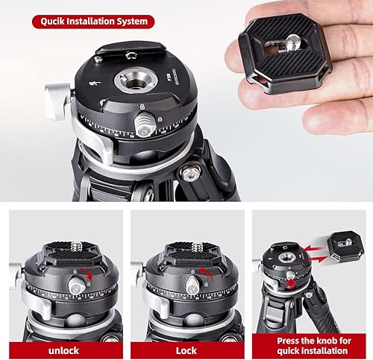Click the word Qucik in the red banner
coord(53,22)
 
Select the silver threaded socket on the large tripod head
coord(135,80)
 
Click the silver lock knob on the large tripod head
coord(145,124)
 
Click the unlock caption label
coord(63,350)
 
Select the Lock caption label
coord(186,350)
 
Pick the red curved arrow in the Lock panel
coord(207,274)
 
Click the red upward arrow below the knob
coord(291,284)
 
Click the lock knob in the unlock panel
coord(77,285)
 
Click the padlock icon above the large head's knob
coord(142,107)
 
